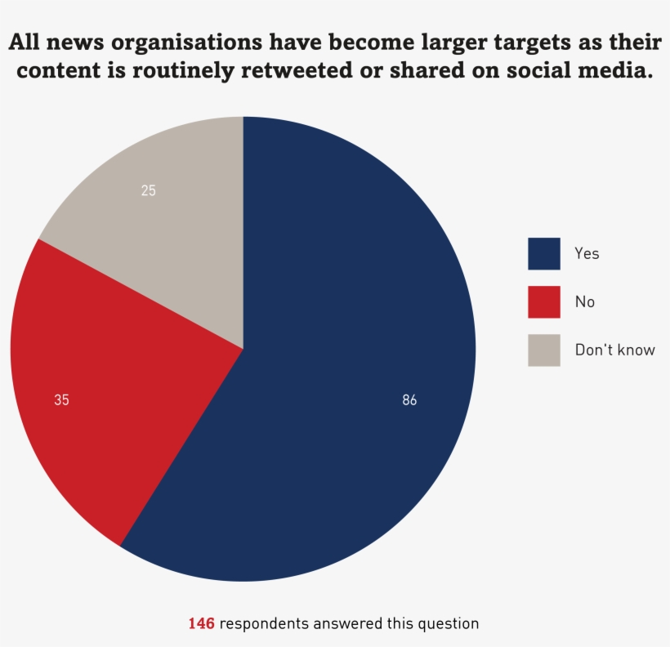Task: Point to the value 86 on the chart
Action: coord(409,400)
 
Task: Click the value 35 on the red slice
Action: coord(61,400)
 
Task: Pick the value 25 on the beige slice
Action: coord(148,191)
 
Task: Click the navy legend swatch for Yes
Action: coord(544,254)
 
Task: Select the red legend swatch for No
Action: coord(544,301)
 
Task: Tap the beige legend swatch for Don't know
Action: coord(544,350)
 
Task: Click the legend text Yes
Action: coord(587,254)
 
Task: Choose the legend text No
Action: coord(585,301)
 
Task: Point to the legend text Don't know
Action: coord(614,350)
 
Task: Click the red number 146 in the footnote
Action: coord(201,623)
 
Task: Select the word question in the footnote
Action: coord(447,623)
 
